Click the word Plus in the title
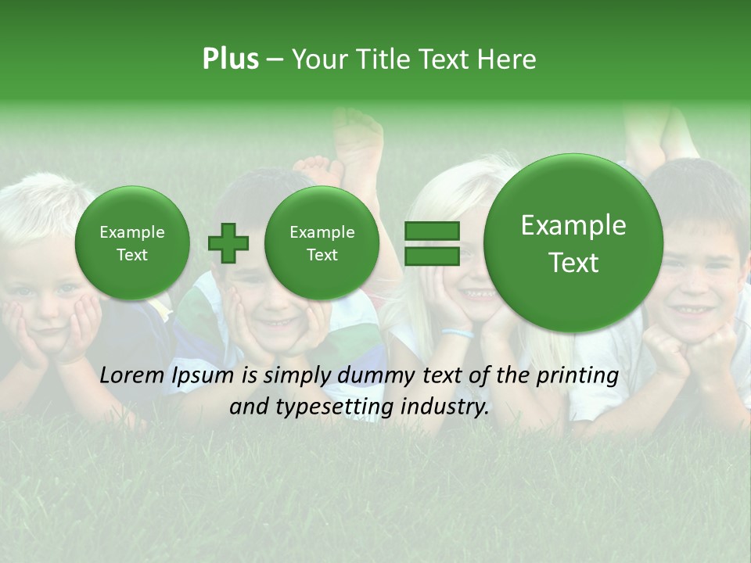click(230, 59)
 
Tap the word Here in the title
click(508, 59)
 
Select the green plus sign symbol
click(228, 243)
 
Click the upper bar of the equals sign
click(432, 231)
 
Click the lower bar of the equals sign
click(432, 256)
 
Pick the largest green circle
click(573, 243)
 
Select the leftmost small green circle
click(132, 243)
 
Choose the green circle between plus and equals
click(322, 243)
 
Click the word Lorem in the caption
click(133, 376)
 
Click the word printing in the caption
click(577, 376)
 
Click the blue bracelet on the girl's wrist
click(458, 333)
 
